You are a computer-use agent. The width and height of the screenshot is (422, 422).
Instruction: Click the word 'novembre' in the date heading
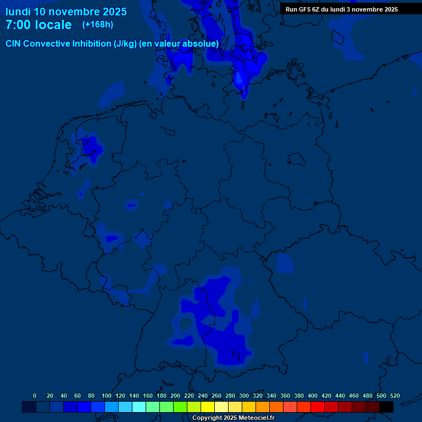79,12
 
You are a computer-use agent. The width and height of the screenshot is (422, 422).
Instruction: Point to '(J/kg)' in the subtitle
126,43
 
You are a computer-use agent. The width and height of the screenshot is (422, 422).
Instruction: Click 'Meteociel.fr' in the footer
257,418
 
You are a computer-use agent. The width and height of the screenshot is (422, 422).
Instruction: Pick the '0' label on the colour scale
35,396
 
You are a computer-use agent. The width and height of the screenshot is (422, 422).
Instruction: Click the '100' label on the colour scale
107,396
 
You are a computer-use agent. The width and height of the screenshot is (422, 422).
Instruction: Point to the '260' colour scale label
216,396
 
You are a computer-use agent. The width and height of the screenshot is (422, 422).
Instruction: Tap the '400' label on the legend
313,396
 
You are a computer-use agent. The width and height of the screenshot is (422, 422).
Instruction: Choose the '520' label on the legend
395,396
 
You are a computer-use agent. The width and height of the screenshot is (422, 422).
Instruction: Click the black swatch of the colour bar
386,407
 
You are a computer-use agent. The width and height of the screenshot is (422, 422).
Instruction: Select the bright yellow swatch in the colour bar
207,407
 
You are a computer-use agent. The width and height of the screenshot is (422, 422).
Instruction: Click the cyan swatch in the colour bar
138,407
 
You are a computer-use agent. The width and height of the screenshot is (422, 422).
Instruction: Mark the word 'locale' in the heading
54,25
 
